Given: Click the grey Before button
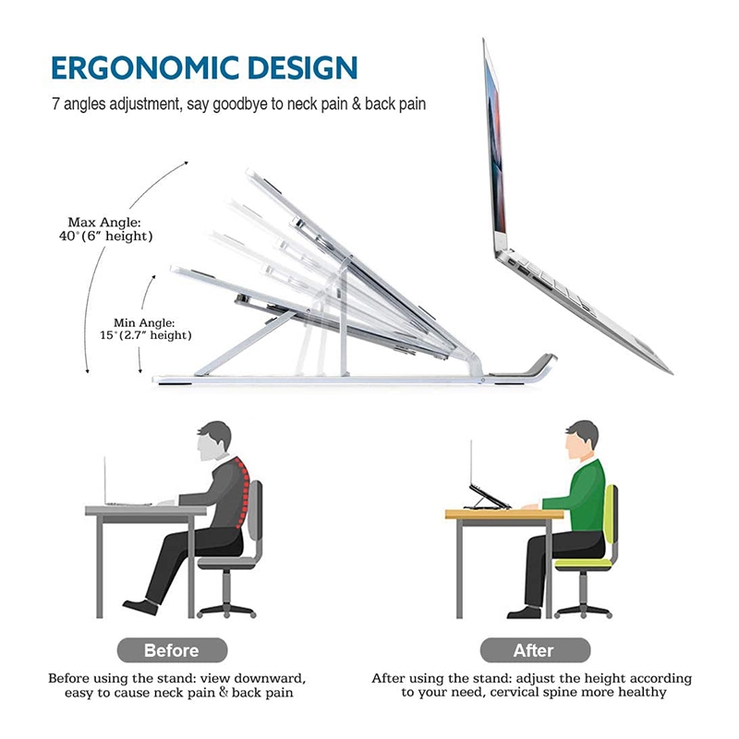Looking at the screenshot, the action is click(172, 650).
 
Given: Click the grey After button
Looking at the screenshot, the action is click(535, 650).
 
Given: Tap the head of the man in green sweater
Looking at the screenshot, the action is click(581, 441).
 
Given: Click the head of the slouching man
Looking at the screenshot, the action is click(213, 441).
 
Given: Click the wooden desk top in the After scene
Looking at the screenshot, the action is click(504, 514).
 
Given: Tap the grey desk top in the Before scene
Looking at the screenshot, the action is click(146, 511).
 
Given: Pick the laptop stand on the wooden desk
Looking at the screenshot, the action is click(488, 497).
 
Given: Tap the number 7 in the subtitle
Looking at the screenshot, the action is click(55, 103).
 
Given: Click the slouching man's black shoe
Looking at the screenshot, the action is click(140, 607).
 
